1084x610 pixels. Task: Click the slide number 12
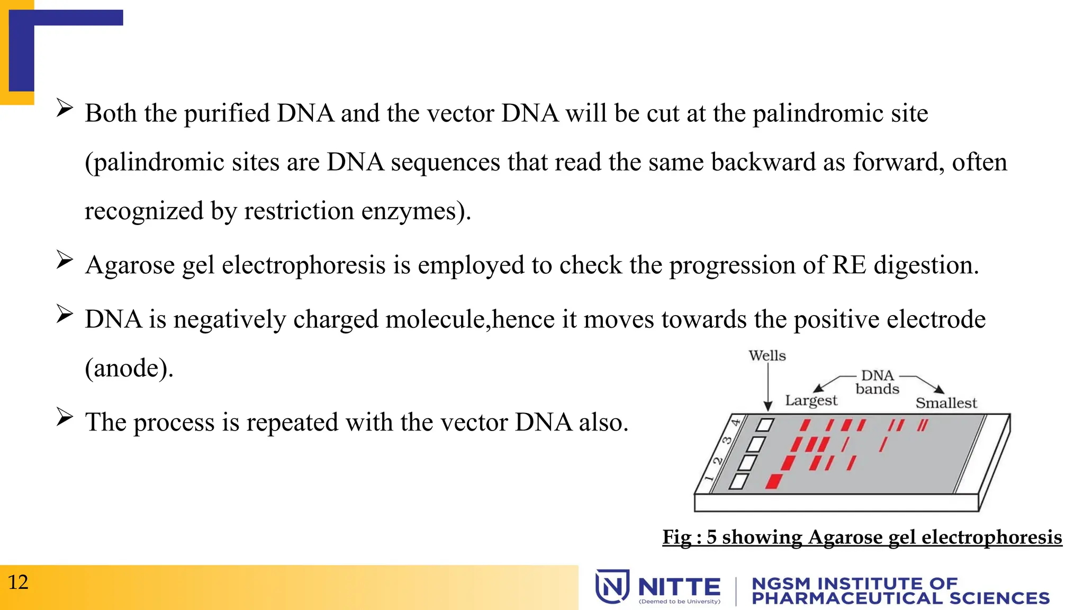tap(18, 582)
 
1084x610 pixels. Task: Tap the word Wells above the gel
tap(767, 356)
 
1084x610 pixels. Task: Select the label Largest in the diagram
tap(811, 400)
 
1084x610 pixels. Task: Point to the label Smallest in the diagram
tap(946, 403)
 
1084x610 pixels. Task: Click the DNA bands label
tap(877, 382)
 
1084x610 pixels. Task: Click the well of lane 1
tap(739, 481)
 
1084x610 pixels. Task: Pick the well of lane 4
tap(765, 425)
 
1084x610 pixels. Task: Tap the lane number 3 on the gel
tap(727, 441)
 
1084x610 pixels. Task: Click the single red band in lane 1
tap(774, 481)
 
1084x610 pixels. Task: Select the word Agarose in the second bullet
tap(130, 265)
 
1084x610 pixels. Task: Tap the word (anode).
tap(129, 368)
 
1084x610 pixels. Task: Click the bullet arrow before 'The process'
tap(65, 417)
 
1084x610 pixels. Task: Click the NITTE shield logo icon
tap(612, 586)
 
